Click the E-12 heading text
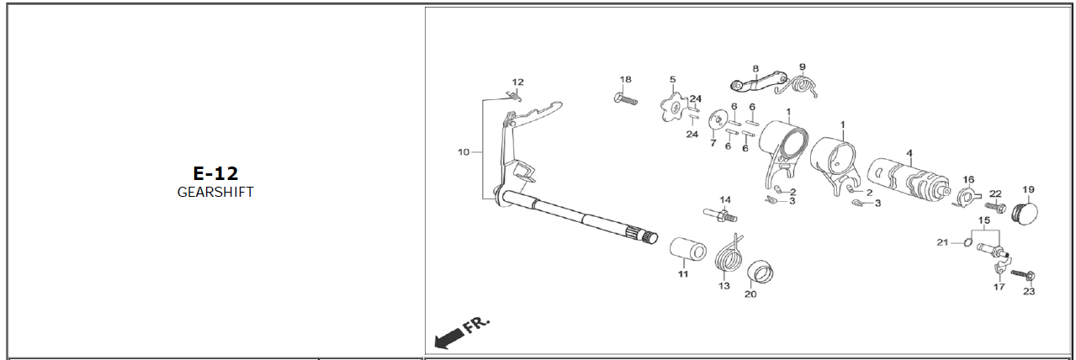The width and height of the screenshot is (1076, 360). click(x=215, y=173)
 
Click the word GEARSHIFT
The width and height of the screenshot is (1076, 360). click(x=215, y=192)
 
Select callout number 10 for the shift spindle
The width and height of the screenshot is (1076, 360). click(x=464, y=152)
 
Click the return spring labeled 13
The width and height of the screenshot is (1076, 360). click(x=729, y=256)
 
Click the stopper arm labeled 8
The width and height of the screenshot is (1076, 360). click(x=753, y=82)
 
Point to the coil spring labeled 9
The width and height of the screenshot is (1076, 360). click(x=803, y=85)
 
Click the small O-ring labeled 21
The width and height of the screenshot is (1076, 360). click(x=967, y=243)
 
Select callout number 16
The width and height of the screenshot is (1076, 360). click(x=968, y=179)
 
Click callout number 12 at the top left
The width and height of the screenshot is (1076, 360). click(x=517, y=82)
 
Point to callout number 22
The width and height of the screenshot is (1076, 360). click(x=995, y=193)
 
